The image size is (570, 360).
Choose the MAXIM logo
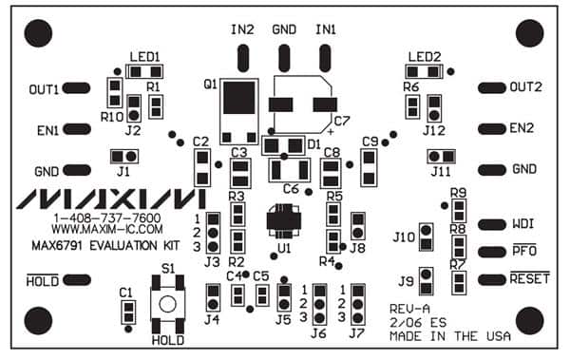(x=111, y=199)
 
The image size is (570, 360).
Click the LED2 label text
(x=424, y=56)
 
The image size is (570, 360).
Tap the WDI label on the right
(x=522, y=225)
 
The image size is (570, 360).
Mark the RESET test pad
(x=490, y=279)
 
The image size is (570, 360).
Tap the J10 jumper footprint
(x=427, y=237)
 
